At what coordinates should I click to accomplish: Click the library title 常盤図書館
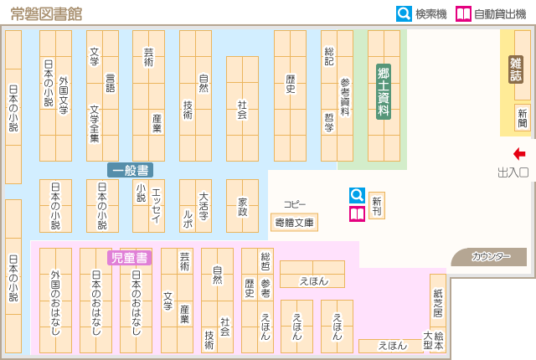(x=47, y=13)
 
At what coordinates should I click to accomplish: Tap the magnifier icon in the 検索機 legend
(x=404, y=13)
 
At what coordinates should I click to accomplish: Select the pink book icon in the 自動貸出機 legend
(x=463, y=13)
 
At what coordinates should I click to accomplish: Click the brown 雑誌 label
(x=516, y=69)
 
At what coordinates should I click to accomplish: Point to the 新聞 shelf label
(x=523, y=117)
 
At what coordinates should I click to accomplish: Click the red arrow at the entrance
(x=519, y=153)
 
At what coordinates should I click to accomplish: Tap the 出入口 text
(x=513, y=172)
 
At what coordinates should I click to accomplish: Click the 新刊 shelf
(x=377, y=206)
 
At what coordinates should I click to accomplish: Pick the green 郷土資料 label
(x=384, y=91)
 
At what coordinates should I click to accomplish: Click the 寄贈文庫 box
(x=294, y=223)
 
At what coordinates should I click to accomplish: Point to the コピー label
(x=294, y=204)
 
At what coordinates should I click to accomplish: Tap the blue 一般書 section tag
(x=130, y=169)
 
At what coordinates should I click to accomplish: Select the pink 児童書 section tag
(x=130, y=258)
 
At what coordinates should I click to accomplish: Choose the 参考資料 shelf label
(x=344, y=96)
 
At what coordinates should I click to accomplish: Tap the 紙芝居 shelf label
(x=438, y=301)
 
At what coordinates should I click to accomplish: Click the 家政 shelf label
(x=242, y=206)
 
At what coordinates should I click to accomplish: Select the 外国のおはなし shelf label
(x=55, y=302)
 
